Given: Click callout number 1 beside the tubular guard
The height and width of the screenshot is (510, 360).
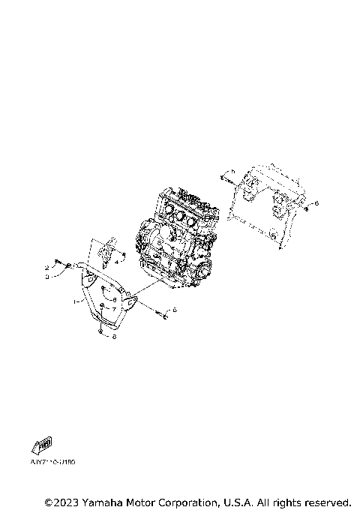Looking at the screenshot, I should [x=74, y=301].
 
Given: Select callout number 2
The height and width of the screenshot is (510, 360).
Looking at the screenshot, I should [x=46, y=267].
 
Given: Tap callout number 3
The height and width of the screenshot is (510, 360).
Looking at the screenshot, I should [x=46, y=276].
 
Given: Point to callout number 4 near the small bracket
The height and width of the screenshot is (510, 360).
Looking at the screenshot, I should [x=116, y=262].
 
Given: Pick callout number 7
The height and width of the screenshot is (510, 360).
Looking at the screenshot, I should [x=114, y=308].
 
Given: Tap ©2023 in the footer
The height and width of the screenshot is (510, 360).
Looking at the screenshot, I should [x=64, y=501].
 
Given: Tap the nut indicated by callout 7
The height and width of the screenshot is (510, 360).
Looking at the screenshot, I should [x=103, y=307].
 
